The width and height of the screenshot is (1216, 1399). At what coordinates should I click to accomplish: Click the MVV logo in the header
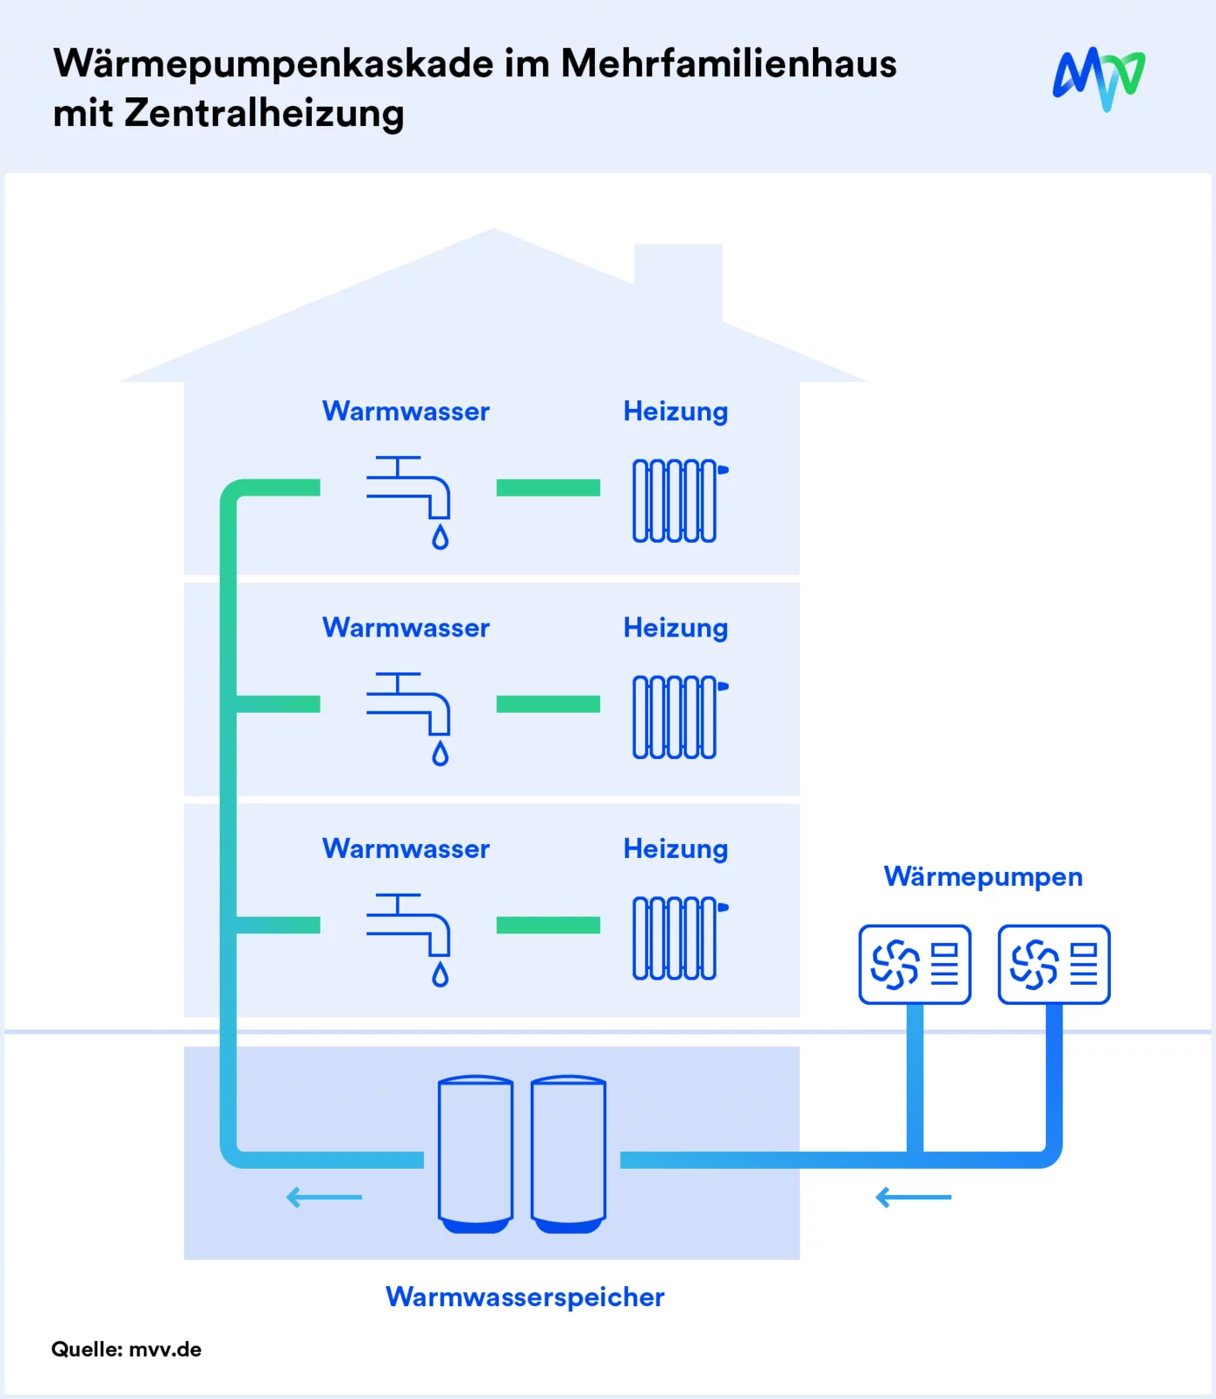(1099, 78)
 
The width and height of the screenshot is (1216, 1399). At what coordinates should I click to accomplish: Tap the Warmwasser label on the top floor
(406, 411)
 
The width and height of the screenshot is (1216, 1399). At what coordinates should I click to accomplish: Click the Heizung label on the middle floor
(676, 628)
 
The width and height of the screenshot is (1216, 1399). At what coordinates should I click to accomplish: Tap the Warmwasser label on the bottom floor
(406, 848)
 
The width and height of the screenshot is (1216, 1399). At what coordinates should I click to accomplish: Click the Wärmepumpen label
(983, 876)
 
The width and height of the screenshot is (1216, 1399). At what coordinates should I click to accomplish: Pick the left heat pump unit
(915, 964)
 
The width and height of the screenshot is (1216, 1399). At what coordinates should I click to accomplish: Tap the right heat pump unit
(1054, 964)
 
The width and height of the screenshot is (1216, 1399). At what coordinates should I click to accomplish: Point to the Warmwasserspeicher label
(525, 1297)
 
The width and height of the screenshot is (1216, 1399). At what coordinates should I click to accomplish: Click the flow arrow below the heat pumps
(914, 1198)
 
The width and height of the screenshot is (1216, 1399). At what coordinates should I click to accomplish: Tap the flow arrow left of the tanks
(324, 1198)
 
